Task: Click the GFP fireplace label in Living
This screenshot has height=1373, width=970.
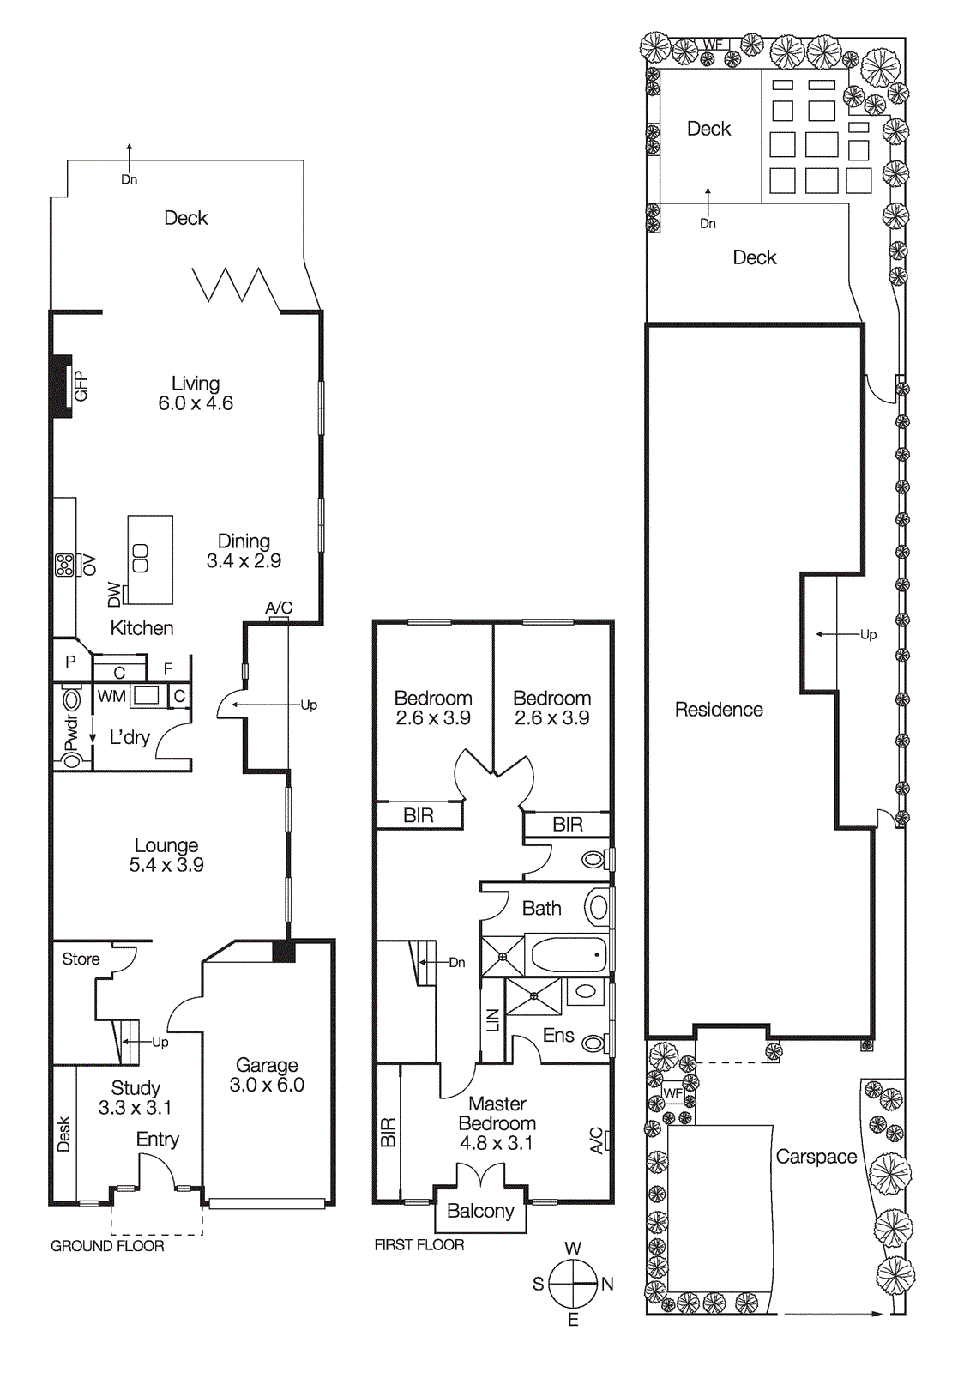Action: (x=81, y=386)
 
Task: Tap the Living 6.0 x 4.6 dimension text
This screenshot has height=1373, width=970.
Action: (x=196, y=403)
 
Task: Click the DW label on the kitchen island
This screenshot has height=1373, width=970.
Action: (x=115, y=594)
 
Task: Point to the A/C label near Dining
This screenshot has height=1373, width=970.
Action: (x=279, y=608)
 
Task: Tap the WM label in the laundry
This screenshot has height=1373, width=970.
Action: (x=111, y=696)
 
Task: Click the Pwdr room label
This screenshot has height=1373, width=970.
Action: (x=72, y=734)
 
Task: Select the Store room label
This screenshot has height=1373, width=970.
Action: (x=81, y=959)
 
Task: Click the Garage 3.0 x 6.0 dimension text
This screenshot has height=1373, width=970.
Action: (x=267, y=1085)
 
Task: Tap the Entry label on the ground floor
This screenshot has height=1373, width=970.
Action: (x=158, y=1140)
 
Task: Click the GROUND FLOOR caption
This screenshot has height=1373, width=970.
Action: (x=107, y=1246)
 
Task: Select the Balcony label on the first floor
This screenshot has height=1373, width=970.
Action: (x=480, y=1211)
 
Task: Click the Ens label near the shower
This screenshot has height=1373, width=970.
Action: (x=558, y=1036)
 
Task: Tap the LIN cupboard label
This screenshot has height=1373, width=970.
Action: (x=492, y=1019)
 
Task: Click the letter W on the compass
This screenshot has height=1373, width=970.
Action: (x=573, y=1249)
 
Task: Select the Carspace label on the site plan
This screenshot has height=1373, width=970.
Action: (x=816, y=1157)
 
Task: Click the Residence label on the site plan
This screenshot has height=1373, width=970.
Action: (x=719, y=710)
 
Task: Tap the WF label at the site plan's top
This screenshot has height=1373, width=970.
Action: (x=713, y=45)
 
